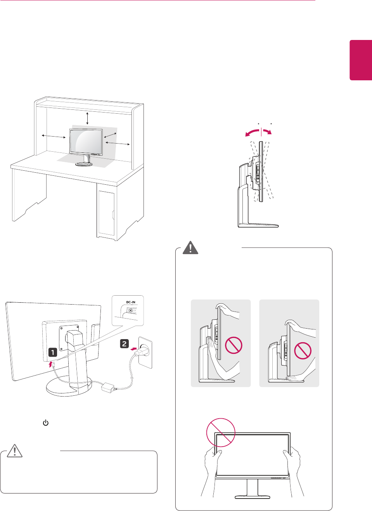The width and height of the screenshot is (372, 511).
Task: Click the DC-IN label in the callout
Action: (131, 302)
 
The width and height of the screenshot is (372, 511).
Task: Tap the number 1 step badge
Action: (53, 352)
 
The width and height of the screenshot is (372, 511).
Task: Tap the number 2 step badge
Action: (124, 343)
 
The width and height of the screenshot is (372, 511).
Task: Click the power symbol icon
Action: (46, 423)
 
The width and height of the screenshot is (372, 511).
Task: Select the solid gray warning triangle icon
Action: (190, 248)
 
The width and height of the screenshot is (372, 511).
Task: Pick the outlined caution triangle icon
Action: (15, 451)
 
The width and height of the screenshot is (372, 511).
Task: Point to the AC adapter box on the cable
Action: (107, 386)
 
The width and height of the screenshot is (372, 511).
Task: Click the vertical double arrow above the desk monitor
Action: (88, 118)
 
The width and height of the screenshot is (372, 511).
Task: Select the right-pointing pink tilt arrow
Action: (267, 132)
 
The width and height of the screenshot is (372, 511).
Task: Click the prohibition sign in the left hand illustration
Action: (234, 345)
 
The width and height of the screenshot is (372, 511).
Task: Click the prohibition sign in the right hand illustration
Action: (303, 350)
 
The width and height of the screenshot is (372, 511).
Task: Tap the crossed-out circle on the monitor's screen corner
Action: (221, 432)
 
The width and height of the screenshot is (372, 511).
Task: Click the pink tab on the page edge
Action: (361, 60)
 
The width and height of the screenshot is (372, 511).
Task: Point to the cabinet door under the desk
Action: (106, 213)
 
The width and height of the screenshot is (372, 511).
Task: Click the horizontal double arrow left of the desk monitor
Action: (54, 136)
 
